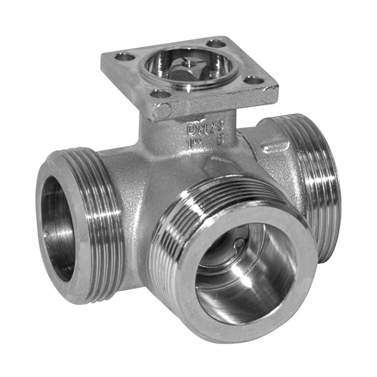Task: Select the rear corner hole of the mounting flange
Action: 216,43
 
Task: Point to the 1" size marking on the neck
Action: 192,144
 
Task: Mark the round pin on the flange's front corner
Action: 162,111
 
